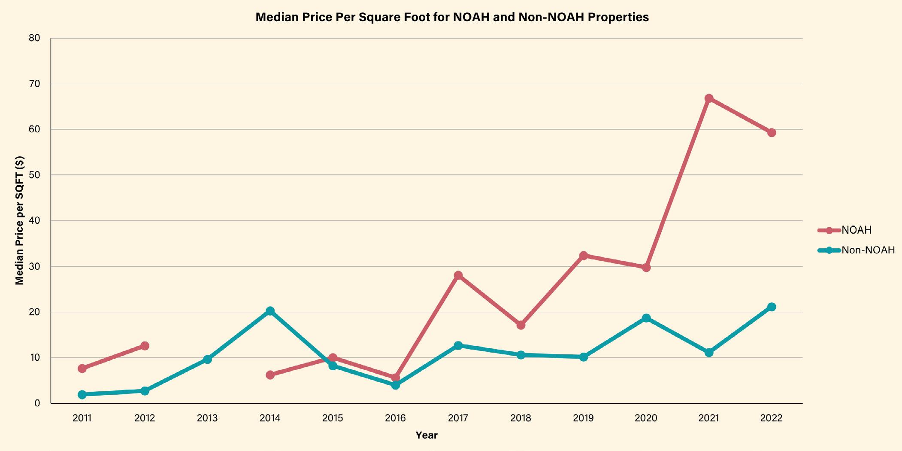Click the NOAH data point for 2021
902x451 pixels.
click(709, 98)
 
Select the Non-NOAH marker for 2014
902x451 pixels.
click(270, 311)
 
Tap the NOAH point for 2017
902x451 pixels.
click(458, 275)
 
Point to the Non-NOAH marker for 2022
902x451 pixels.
click(772, 307)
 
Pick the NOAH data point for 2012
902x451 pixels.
click(145, 346)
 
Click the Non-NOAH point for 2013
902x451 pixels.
click(207, 359)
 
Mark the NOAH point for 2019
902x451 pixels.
click(584, 256)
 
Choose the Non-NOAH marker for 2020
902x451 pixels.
click(646, 318)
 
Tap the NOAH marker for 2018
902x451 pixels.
click(521, 325)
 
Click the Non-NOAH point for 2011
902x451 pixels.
click(82, 394)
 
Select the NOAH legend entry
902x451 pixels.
click(856, 230)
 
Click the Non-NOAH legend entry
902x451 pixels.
click(868, 250)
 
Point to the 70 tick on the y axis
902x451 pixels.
click(35, 84)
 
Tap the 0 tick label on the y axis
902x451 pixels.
click(37, 403)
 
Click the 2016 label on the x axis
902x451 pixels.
click(395, 418)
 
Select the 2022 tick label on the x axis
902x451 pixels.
click(772, 418)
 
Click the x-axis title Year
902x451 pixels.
click(427, 435)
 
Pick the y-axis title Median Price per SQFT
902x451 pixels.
click(20, 220)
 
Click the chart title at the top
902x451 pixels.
click(452, 17)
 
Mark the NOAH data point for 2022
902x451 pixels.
click(772, 133)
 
